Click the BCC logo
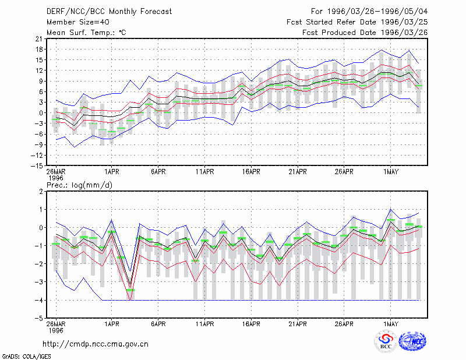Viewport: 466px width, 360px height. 386,341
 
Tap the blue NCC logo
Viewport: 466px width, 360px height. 413,341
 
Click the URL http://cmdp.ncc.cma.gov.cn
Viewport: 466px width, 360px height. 96,344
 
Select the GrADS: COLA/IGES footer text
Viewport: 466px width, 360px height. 26,357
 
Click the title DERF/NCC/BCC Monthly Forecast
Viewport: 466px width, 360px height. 109,12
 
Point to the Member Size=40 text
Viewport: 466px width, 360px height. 78,22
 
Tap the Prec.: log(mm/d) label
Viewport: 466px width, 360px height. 79,185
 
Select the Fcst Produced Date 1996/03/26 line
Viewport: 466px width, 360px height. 365,33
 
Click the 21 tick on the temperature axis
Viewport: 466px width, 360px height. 39,38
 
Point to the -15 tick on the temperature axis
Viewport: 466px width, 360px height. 37,166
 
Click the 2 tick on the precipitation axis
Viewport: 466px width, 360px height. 41,192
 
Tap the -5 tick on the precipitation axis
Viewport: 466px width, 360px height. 39,319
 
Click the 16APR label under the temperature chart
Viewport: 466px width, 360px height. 251,172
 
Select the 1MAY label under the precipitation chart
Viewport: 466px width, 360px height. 391,324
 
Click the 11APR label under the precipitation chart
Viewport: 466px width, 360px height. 205,324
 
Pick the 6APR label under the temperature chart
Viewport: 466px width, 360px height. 158,172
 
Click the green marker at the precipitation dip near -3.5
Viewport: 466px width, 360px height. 130,290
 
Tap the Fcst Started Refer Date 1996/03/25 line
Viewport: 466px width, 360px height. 357,22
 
